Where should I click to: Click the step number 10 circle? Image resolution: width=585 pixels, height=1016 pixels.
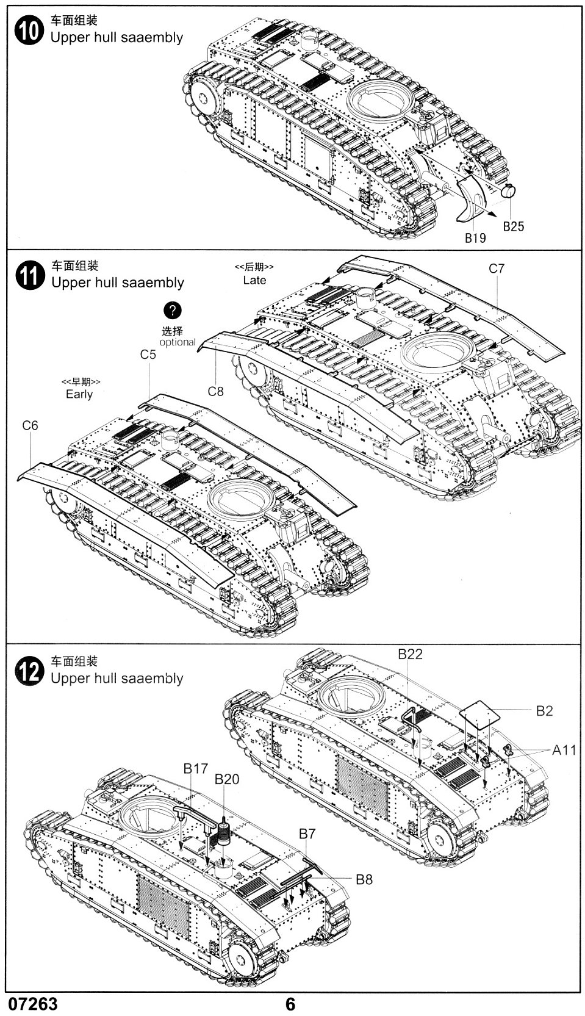click(x=29, y=32)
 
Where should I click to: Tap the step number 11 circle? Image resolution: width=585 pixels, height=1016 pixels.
click(x=29, y=276)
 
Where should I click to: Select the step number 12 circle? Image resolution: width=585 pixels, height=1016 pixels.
click(x=29, y=671)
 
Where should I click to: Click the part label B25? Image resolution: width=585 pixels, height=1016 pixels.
click(x=513, y=226)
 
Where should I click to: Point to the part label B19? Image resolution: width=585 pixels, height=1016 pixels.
click(x=475, y=238)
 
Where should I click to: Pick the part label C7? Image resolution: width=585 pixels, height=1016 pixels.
click(x=497, y=268)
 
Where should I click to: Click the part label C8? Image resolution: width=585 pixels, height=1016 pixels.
click(x=216, y=392)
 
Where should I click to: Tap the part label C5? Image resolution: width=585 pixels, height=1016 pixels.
click(x=148, y=355)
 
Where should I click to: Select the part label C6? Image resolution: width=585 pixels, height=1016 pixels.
click(x=30, y=425)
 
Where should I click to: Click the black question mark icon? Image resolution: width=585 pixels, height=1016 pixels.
click(x=173, y=310)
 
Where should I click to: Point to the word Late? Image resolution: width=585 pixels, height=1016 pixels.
click(x=254, y=280)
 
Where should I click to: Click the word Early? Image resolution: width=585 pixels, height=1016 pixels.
click(x=79, y=394)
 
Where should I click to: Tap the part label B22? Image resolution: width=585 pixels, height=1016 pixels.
click(x=410, y=654)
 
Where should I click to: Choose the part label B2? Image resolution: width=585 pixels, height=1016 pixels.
click(x=544, y=711)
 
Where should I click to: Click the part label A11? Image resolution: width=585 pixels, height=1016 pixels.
click(x=564, y=750)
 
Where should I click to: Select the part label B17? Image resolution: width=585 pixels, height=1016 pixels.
click(x=196, y=768)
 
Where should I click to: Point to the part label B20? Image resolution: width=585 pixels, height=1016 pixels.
click(x=226, y=779)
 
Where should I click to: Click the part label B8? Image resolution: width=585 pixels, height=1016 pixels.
click(x=364, y=879)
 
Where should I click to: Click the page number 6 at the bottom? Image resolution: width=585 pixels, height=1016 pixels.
click(x=290, y=1004)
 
